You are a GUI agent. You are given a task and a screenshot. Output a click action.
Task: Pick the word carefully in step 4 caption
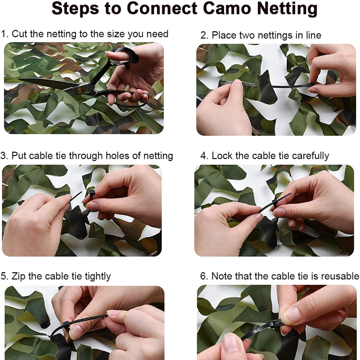310,156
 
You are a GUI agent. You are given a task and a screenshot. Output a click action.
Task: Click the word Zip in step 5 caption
18,276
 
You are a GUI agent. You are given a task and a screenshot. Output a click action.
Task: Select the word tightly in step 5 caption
98,276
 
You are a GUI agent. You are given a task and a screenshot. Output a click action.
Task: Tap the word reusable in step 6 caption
340,276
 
